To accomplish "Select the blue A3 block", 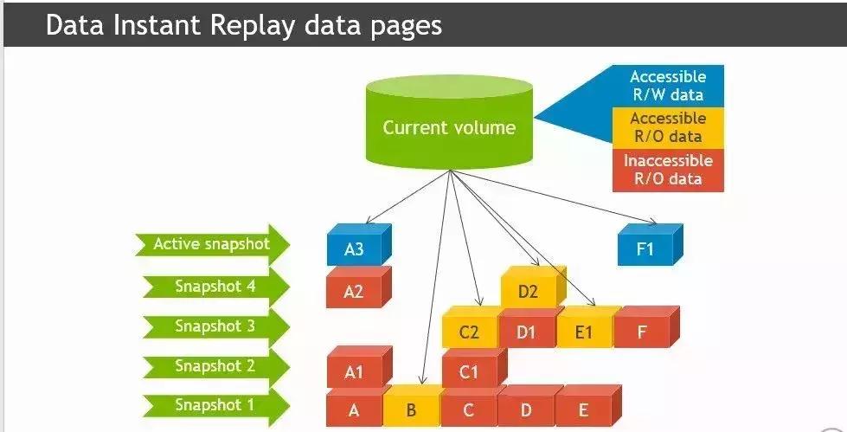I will pyautogui.click(x=355, y=249).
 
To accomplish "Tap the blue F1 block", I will pyautogui.click(x=645, y=249).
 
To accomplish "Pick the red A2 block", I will pyautogui.click(x=355, y=290).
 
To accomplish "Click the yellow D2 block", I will pyautogui.click(x=529, y=291).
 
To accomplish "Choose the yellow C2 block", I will pyautogui.click(x=469, y=331).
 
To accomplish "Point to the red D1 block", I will pyautogui.click(x=527, y=331).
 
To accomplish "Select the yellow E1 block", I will pyautogui.click(x=584, y=331).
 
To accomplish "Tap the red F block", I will pyautogui.click(x=642, y=331).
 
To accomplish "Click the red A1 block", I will pyautogui.click(x=355, y=371).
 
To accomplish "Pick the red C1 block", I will pyautogui.click(x=469, y=371).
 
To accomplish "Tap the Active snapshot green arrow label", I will pyautogui.click(x=211, y=244).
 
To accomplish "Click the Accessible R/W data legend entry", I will pyautogui.click(x=667, y=85).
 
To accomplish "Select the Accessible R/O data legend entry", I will pyautogui.click(x=667, y=127).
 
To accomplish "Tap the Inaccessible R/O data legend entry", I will pyautogui.click(x=667, y=170).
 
